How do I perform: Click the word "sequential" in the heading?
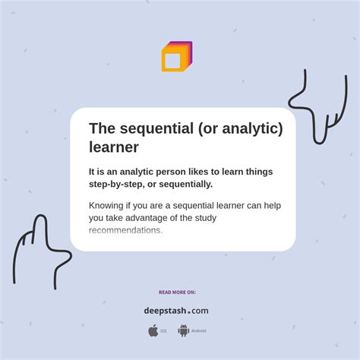tap(156, 128)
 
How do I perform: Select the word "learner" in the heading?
tap(114, 147)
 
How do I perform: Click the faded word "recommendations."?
tap(125, 230)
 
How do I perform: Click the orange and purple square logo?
tap(177, 57)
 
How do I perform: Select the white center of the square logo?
tap(172, 61)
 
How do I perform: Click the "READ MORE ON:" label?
tap(177, 292)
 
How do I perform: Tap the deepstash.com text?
tap(176, 311)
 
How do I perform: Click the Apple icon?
tap(153, 330)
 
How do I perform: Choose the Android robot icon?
tap(183, 330)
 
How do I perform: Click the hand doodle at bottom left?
tap(39, 251)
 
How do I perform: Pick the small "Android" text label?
tap(198, 331)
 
